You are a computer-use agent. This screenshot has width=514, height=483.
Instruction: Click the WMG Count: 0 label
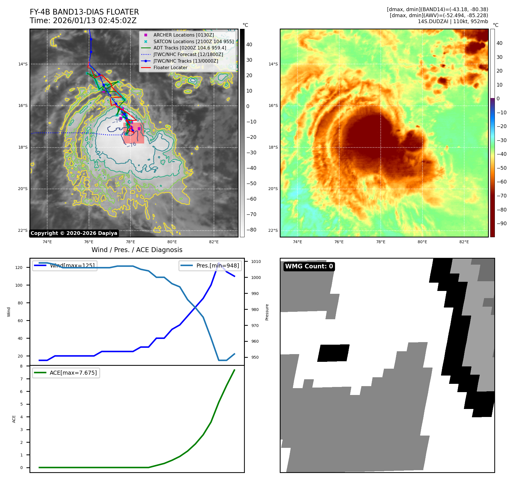(309, 266)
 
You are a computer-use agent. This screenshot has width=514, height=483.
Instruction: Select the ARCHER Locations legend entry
(183, 35)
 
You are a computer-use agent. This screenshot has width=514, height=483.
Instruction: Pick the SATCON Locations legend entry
(193, 41)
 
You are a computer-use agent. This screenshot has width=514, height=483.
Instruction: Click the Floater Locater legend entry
(170, 67)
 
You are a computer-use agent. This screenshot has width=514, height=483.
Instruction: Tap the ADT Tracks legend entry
(190, 48)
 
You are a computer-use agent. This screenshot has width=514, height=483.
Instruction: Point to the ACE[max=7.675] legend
(73, 373)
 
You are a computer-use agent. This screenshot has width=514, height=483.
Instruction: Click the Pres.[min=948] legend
(217, 266)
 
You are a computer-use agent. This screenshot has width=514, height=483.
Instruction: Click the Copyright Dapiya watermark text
(74, 233)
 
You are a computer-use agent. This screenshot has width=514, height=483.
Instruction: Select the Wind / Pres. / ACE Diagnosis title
(137, 250)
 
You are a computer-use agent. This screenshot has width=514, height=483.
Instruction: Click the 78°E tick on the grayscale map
(130, 242)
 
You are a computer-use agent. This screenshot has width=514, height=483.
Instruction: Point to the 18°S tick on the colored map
(273, 147)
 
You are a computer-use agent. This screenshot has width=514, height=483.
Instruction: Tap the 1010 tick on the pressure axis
(256, 262)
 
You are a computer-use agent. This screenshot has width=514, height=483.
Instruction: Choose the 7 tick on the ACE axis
(21, 379)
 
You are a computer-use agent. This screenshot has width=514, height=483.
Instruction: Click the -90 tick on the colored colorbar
(501, 223)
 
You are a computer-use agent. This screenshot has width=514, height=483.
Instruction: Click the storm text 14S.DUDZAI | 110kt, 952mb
(453, 21)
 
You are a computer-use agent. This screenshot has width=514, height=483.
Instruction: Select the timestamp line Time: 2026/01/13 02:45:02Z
(83, 21)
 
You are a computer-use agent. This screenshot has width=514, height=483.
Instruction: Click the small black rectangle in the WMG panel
(333, 353)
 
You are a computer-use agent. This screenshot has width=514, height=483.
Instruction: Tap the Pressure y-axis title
(267, 312)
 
